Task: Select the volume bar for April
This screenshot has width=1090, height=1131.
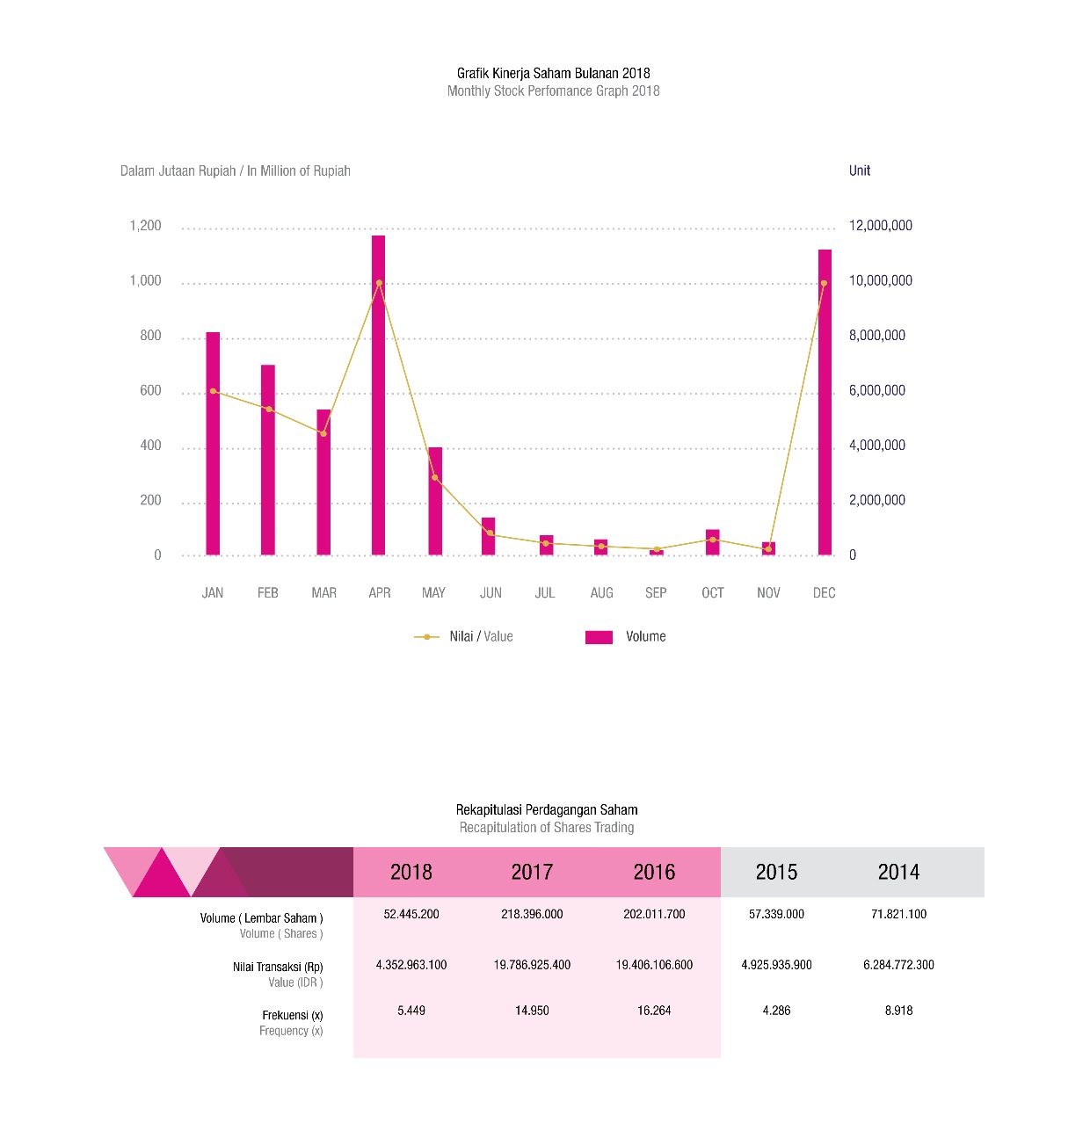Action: click(378, 395)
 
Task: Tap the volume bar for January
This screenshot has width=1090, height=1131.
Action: click(213, 444)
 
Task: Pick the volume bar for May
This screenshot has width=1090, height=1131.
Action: click(435, 501)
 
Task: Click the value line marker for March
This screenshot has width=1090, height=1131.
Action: click(323, 433)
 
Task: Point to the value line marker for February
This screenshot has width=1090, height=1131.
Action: click(269, 409)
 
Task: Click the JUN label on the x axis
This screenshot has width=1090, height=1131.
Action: click(490, 593)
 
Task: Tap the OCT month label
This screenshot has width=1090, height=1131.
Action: click(713, 593)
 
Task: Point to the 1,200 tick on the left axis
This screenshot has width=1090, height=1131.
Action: click(145, 226)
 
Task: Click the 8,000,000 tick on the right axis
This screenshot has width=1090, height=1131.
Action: click(876, 336)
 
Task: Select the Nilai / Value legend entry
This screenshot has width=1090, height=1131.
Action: click(464, 637)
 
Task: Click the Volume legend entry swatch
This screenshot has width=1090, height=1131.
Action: click(599, 637)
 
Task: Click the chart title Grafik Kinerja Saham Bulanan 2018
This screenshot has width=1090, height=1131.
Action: click(554, 73)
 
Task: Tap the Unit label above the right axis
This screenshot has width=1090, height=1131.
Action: click(860, 170)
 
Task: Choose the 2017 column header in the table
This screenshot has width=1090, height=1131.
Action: click(532, 872)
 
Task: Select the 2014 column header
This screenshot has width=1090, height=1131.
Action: click(898, 872)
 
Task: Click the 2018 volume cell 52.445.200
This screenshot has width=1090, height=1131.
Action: click(411, 914)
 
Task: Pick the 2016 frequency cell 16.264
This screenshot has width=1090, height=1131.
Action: click(654, 1011)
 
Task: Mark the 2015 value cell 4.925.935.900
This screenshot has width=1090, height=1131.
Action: click(776, 965)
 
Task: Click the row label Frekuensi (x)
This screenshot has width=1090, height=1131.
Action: click(293, 1015)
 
